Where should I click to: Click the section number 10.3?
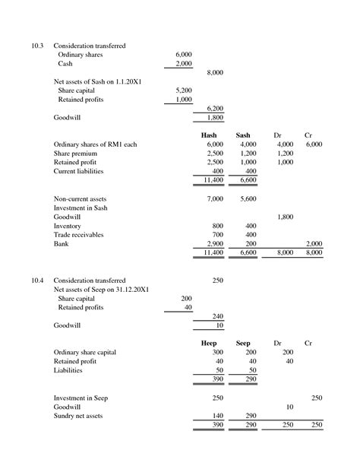[37, 46]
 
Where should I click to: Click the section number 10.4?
[37, 281]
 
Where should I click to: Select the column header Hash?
[209, 135]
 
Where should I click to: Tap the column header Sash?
[243, 135]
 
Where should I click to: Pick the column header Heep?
[209, 344]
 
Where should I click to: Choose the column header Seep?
[243, 344]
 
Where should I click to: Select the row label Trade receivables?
[81, 235]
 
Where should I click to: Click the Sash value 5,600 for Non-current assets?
[248, 198]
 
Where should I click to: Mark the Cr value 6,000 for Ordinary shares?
[314, 144]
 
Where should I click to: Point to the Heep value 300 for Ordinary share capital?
[217, 353]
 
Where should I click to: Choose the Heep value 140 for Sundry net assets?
[217, 416]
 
